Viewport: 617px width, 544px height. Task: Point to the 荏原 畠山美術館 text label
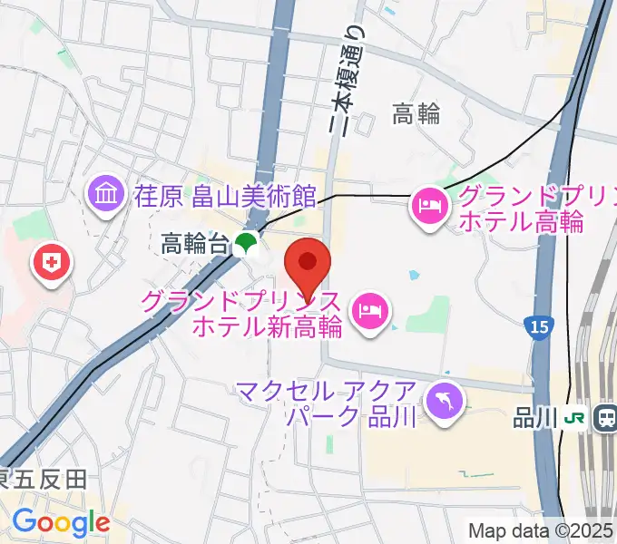[x=224, y=195]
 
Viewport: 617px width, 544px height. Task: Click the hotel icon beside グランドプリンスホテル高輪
[x=428, y=206]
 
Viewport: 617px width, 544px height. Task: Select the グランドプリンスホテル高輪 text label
[x=520, y=208]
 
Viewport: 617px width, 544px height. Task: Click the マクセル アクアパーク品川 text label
[x=326, y=403]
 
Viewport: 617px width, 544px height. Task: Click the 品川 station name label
[x=535, y=417]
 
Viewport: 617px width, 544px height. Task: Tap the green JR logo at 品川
[x=574, y=418]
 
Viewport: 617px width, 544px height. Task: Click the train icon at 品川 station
[x=602, y=418]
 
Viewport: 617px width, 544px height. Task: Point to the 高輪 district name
[x=416, y=113]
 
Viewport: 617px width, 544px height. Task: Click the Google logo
[x=61, y=523]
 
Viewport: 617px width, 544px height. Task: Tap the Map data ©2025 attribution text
[x=542, y=530]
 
